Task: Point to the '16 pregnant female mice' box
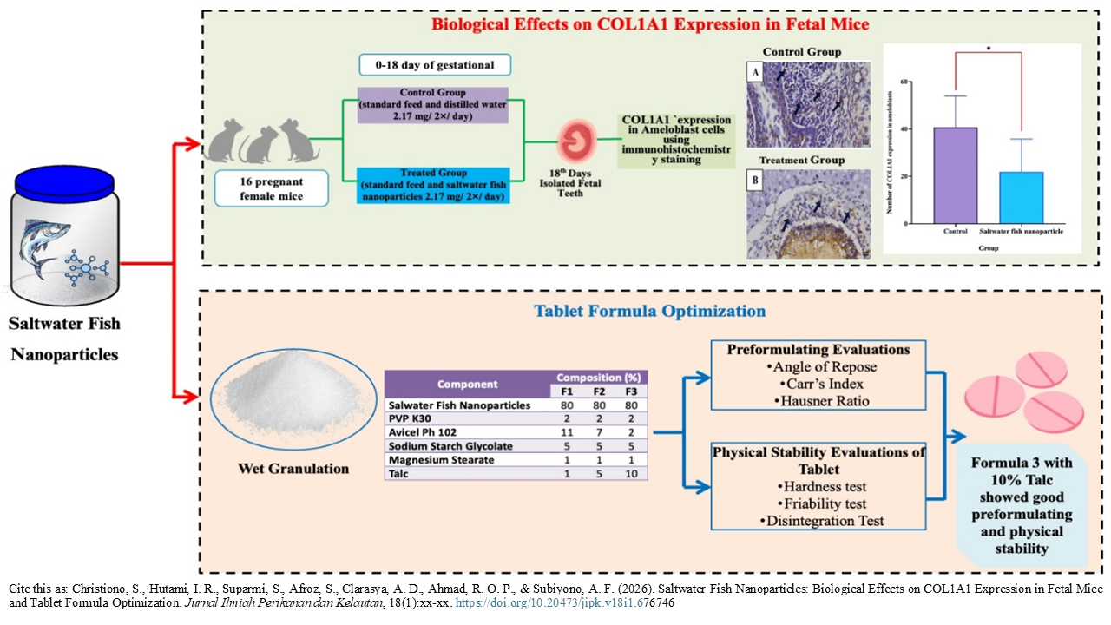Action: tap(273, 187)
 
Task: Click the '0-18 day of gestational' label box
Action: tap(434, 65)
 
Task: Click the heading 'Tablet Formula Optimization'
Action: tap(650, 310)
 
